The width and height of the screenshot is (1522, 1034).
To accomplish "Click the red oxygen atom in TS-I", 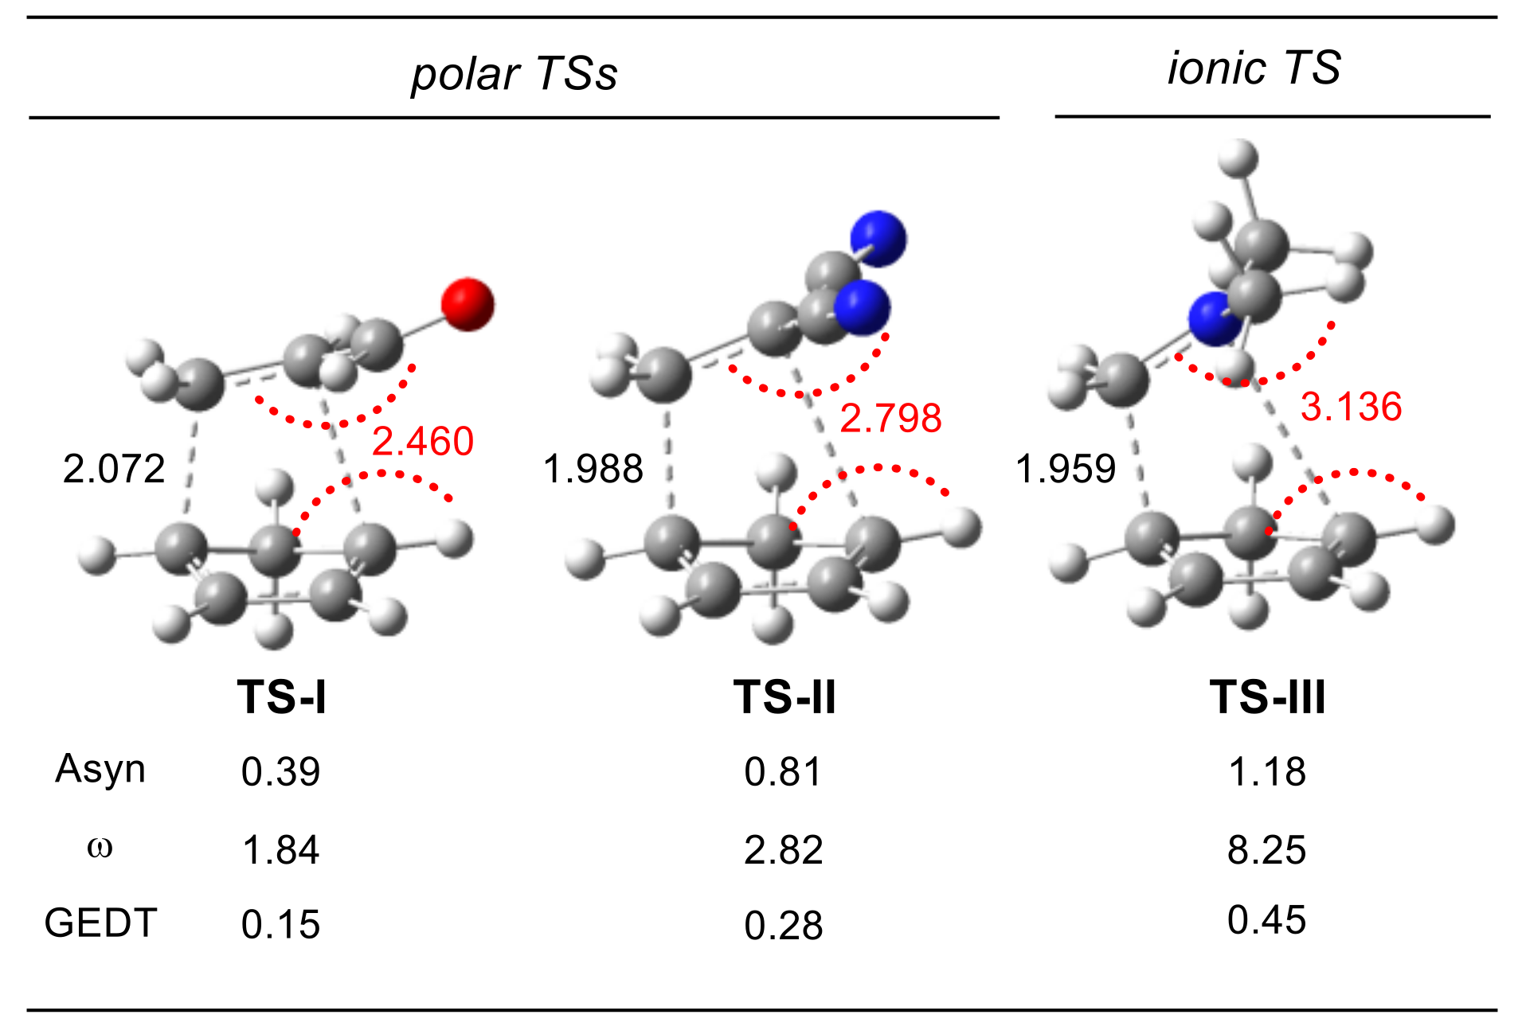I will point(468,304).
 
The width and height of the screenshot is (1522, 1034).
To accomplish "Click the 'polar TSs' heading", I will point(514,73).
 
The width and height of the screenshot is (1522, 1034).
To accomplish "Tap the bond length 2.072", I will point(114,468).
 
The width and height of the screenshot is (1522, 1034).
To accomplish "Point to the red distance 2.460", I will point(423,441).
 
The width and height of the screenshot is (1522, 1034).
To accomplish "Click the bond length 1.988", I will point(593,468).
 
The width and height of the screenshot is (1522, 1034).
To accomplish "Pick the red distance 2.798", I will point(890,418).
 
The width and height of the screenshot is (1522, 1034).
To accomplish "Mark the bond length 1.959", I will point(1066,468).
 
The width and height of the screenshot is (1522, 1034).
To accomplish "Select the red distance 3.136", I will point(1351,407).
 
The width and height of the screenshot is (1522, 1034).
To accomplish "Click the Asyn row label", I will point(100,770).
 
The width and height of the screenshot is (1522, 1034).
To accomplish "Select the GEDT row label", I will point(100,923).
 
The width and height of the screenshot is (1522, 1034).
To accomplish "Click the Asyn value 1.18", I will point(1267,771).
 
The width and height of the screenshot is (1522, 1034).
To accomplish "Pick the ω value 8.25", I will point(1267,849).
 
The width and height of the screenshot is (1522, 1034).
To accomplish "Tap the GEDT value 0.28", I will point(784,925).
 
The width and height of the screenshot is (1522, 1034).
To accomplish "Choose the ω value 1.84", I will point(281,849).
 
